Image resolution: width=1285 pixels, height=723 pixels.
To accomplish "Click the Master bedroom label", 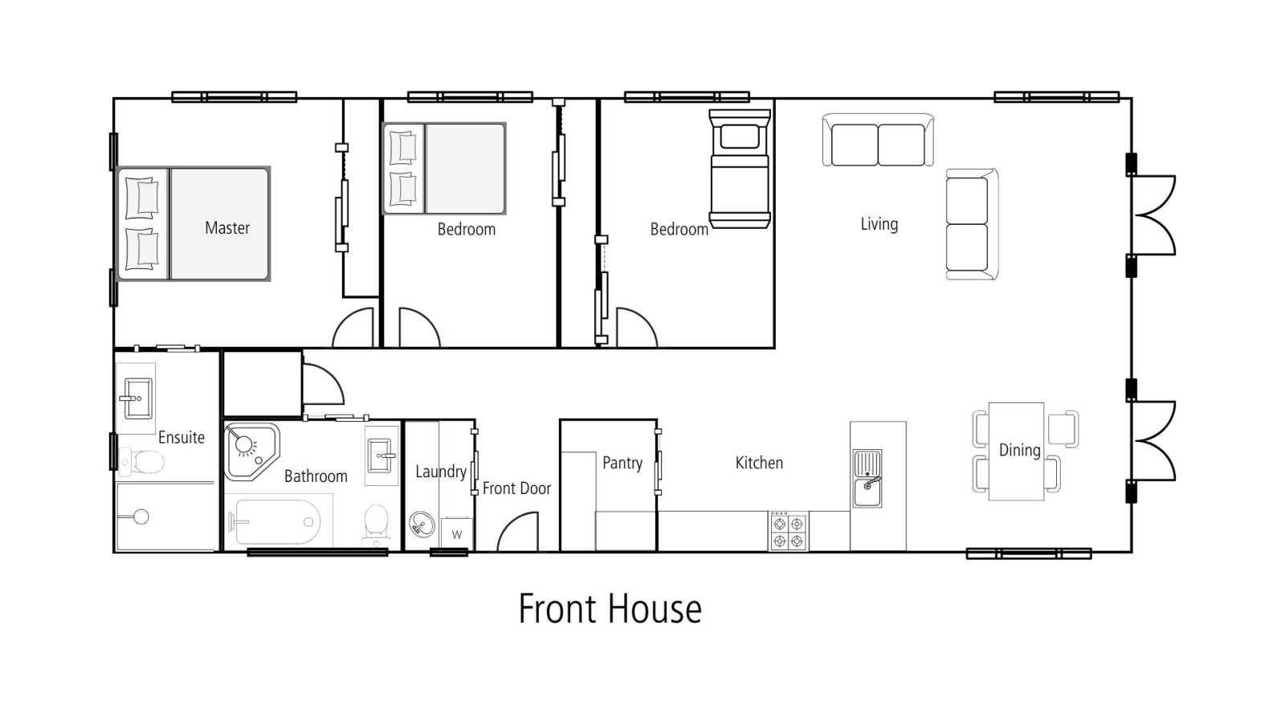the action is [x=227, y=228].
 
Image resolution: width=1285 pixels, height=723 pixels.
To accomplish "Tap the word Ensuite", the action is [x=182, y=438].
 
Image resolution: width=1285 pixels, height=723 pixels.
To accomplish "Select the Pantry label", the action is [x=622, y=463].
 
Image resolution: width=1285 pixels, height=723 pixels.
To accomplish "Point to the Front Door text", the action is [x=516, y=488].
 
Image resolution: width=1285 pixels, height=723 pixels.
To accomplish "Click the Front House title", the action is [x=610, y=609].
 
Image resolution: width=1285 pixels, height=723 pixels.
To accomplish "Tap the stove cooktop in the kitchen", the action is [x=788, y=532].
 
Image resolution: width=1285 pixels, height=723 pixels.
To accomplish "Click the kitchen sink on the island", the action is [x=867, y=479].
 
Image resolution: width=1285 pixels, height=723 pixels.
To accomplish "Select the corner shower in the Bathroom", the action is [x=251, y=451].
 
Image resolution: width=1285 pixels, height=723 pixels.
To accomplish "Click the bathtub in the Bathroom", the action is [x=277, y=522].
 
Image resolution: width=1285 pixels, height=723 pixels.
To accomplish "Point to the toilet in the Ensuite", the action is [x=141, y=462].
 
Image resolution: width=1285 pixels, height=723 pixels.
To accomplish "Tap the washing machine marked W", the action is [x=457, y=534].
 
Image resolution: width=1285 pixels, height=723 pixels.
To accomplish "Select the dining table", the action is [x=1016, y=451].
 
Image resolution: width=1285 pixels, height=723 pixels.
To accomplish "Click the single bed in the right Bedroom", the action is [x=740, y=170].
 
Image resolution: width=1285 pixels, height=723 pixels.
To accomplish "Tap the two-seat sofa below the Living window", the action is [x=878, y=140].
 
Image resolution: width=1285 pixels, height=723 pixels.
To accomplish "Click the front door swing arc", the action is [x=516, y=531].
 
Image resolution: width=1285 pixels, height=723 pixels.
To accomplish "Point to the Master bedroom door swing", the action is [x=353, y=327].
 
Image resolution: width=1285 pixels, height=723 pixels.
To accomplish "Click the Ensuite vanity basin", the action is [x=137, y=398].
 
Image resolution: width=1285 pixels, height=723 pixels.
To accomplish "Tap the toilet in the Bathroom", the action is [x=377, y=524].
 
